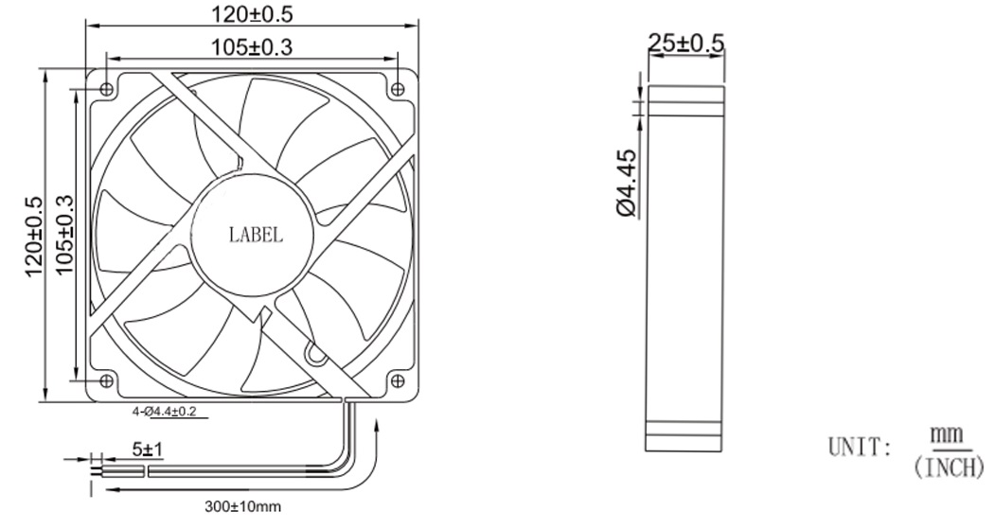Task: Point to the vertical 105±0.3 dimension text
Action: [65, 236]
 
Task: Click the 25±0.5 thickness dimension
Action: [685, 43]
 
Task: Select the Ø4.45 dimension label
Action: [626, 182]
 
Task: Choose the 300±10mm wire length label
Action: [243, 506]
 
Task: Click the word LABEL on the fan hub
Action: [256, 236]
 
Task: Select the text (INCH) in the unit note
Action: [950, 467]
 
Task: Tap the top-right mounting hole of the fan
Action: [399, 88]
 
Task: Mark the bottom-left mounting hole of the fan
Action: [106, 381]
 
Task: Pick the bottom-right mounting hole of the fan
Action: [399, 381]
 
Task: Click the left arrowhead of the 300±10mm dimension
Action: [107, 490]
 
